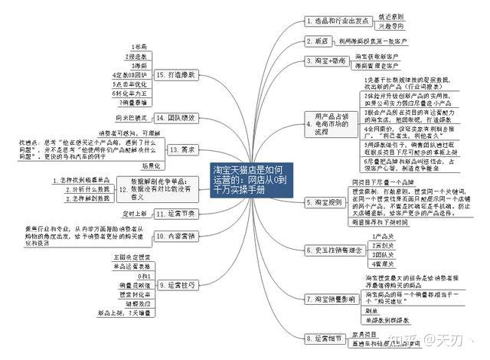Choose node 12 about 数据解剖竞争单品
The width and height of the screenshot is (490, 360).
[x=183, y=150]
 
